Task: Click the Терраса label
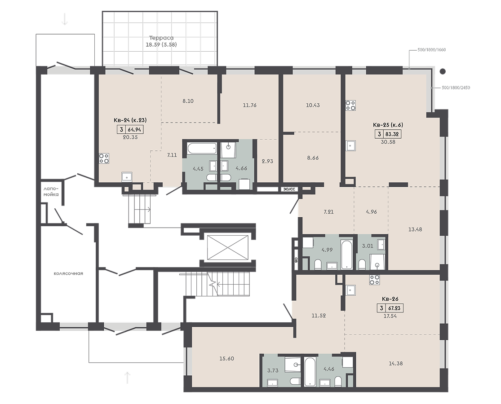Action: [x=161, y=38]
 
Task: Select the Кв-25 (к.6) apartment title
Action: [x=388, y=125]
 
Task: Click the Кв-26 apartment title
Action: [x=390, y=299]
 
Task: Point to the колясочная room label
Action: [x=68, y=273]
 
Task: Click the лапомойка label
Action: [x=51, y=192]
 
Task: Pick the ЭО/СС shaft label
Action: [x=289, y=189]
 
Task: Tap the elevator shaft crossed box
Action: [x=228, y=247]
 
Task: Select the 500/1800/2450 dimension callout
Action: [x=456, y=88]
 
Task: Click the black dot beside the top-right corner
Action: [x=443, y=71]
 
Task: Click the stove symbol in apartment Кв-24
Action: [x=104, y=158]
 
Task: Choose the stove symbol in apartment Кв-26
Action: [x=374, y=280]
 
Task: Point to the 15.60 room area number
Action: [x=226, y=359]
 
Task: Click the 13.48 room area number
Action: [x=415, y=229]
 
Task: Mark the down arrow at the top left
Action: [x=65, y=19]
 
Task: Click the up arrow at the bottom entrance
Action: [x=128, y=378]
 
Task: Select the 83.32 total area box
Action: [x=388, y=134]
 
